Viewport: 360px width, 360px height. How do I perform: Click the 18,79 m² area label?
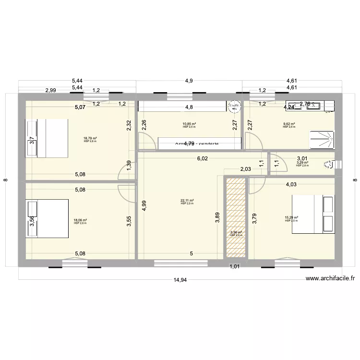coord(90,138)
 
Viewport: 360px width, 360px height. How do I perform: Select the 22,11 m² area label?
coord(187,201)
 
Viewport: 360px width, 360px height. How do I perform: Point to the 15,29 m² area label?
coord(291,218)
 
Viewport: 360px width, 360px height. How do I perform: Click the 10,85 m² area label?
coord(189,124)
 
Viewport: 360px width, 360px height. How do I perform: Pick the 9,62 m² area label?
coord(289,124)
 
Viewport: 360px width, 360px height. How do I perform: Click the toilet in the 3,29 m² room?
coord(329,165)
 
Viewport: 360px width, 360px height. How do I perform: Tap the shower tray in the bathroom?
coord(323,139)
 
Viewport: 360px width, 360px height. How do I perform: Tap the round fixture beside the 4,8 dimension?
coord(234,106)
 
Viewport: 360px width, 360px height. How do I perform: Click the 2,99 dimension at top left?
coord(50,90)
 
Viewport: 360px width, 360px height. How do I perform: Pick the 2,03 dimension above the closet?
coord(245,168)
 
